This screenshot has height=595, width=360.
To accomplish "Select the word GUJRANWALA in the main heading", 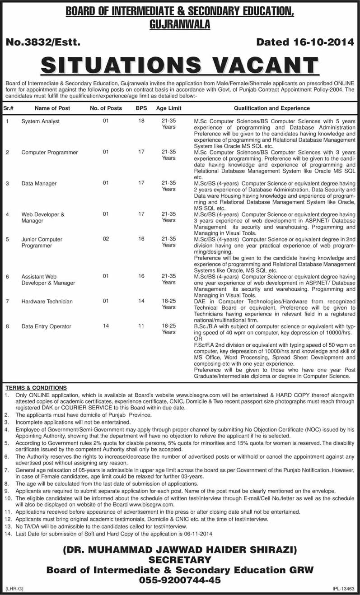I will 180,25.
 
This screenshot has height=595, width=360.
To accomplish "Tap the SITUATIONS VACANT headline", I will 180,65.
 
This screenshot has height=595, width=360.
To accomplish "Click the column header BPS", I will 141,108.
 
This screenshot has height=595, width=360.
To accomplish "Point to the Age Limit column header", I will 168,108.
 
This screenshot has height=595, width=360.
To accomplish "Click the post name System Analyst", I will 41,121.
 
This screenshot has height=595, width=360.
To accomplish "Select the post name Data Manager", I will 39,184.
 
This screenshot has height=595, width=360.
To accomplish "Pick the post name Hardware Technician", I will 47,301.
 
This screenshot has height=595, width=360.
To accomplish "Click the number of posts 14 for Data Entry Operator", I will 106,325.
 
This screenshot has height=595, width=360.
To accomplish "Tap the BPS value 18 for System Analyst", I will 141,121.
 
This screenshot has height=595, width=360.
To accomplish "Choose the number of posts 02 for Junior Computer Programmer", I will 106,239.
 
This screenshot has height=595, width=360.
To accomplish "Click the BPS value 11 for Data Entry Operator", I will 141,325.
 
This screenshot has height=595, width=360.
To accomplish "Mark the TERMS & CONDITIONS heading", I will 36,388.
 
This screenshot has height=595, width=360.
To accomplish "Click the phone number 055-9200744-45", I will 180,580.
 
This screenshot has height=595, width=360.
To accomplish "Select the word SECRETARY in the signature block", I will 180,560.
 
